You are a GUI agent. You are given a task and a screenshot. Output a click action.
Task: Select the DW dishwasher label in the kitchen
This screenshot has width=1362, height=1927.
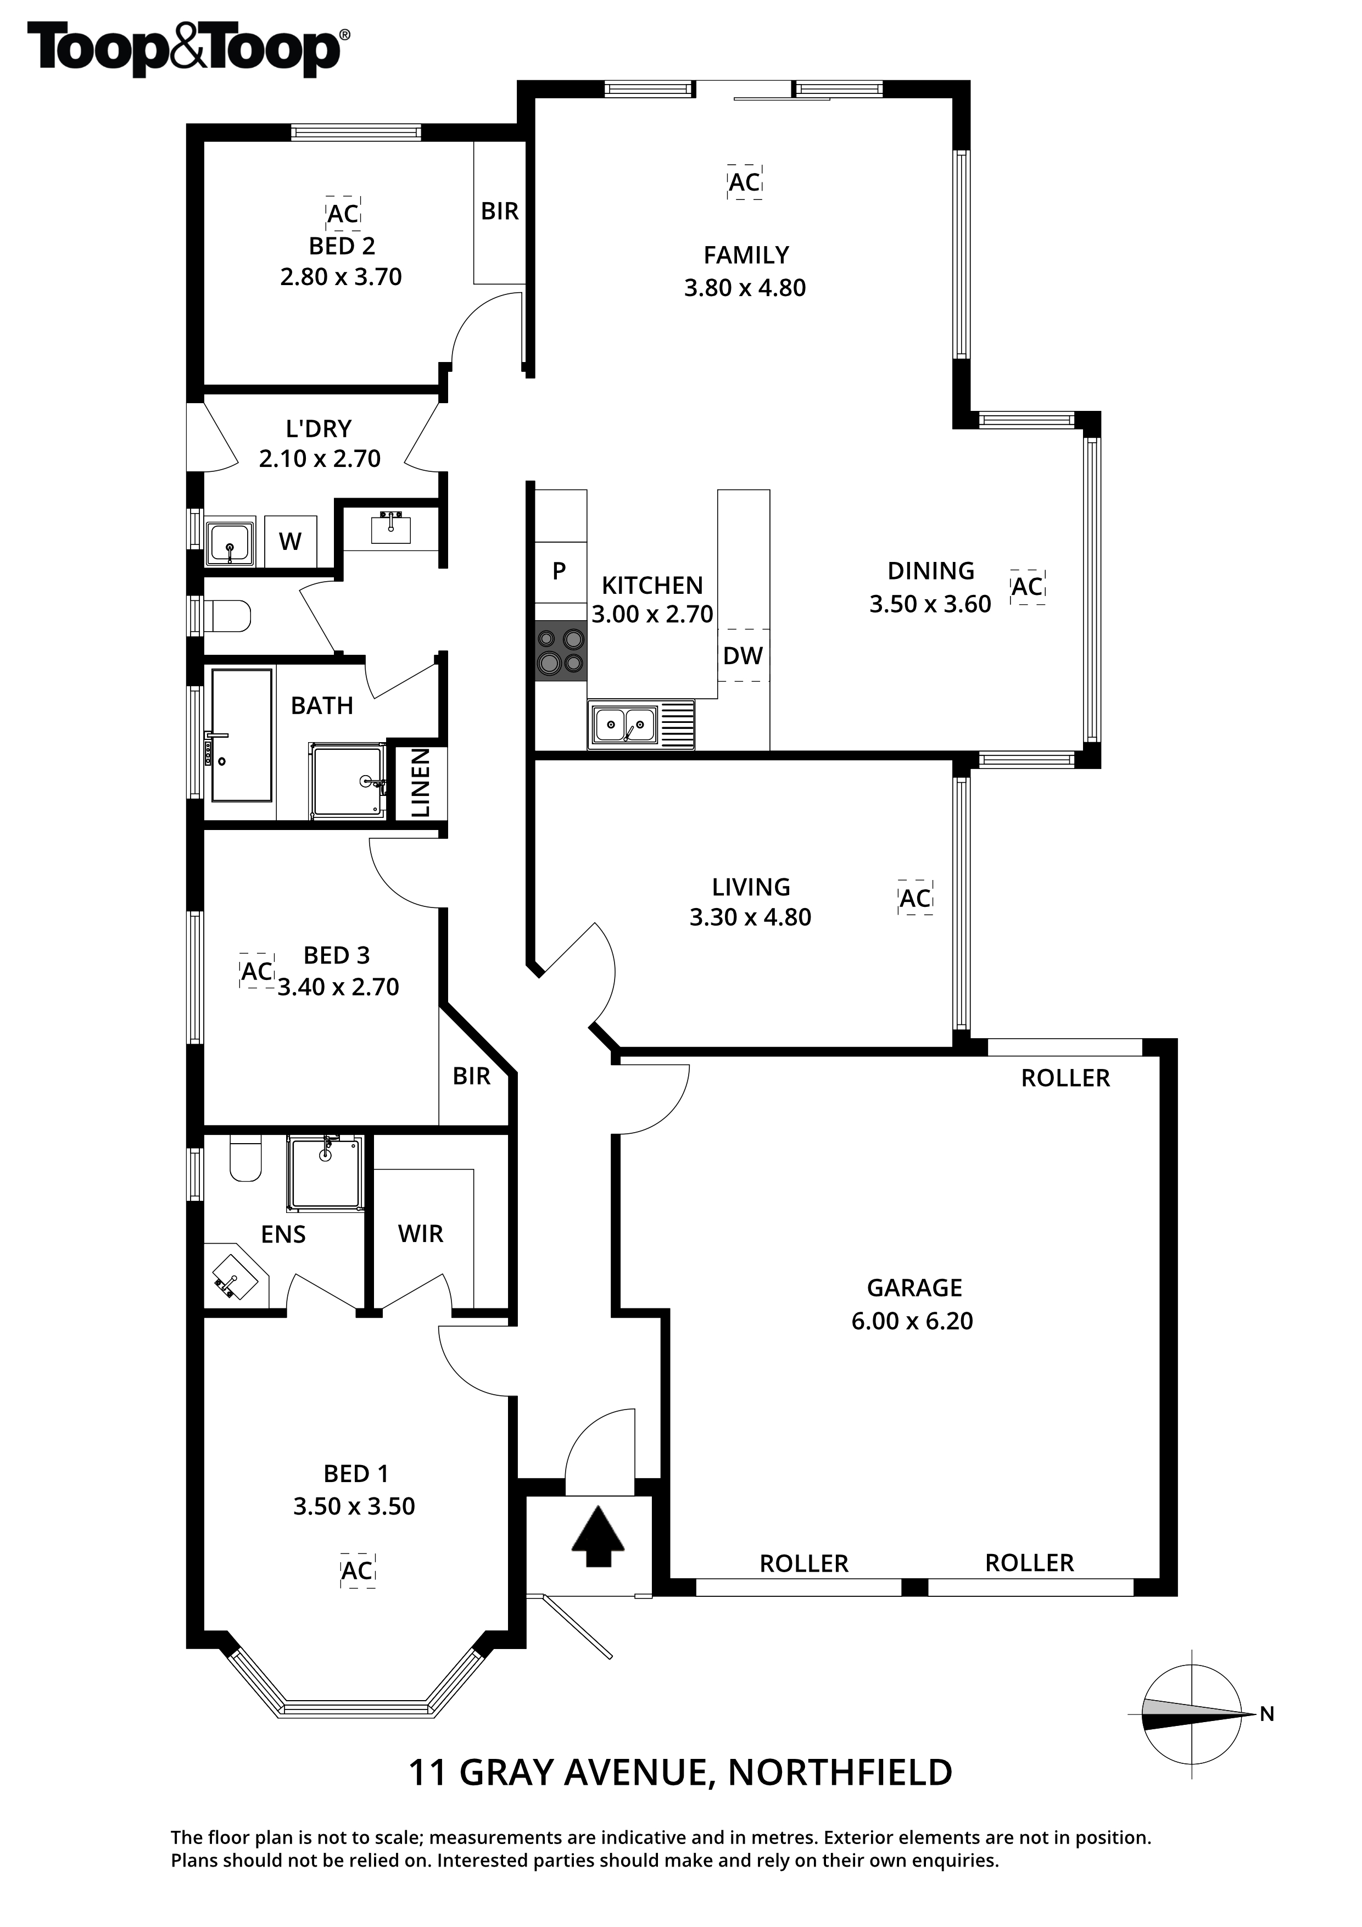[743, 655]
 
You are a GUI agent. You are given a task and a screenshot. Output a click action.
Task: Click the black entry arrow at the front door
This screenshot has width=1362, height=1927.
[598, 1537]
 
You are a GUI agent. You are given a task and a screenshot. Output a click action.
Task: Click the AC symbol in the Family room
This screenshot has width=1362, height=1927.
[744, 182]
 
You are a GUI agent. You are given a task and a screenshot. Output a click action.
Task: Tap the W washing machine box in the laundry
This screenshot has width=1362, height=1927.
[291, 541]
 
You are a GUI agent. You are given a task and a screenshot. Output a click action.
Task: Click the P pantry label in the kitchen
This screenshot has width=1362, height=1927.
[559, 571]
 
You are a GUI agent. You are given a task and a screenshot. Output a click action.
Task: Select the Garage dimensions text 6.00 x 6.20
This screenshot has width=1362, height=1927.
[912, 1321]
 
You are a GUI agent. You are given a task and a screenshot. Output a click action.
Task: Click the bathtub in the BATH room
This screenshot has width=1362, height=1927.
[242, 735]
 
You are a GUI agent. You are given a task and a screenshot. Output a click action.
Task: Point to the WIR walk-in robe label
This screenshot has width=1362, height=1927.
[421, 1234]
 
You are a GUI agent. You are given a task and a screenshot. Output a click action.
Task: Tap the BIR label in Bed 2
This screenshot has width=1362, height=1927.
[499, 211]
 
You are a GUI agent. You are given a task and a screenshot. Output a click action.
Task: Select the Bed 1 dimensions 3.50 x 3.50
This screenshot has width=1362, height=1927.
[354, 1507]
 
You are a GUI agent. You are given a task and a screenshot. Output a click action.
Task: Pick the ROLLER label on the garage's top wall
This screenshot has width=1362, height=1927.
[1065, 1078]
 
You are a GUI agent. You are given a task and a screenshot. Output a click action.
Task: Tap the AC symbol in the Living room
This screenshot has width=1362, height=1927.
[916, 899]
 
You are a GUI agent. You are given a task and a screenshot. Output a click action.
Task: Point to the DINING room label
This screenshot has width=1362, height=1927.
[931, 571]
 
